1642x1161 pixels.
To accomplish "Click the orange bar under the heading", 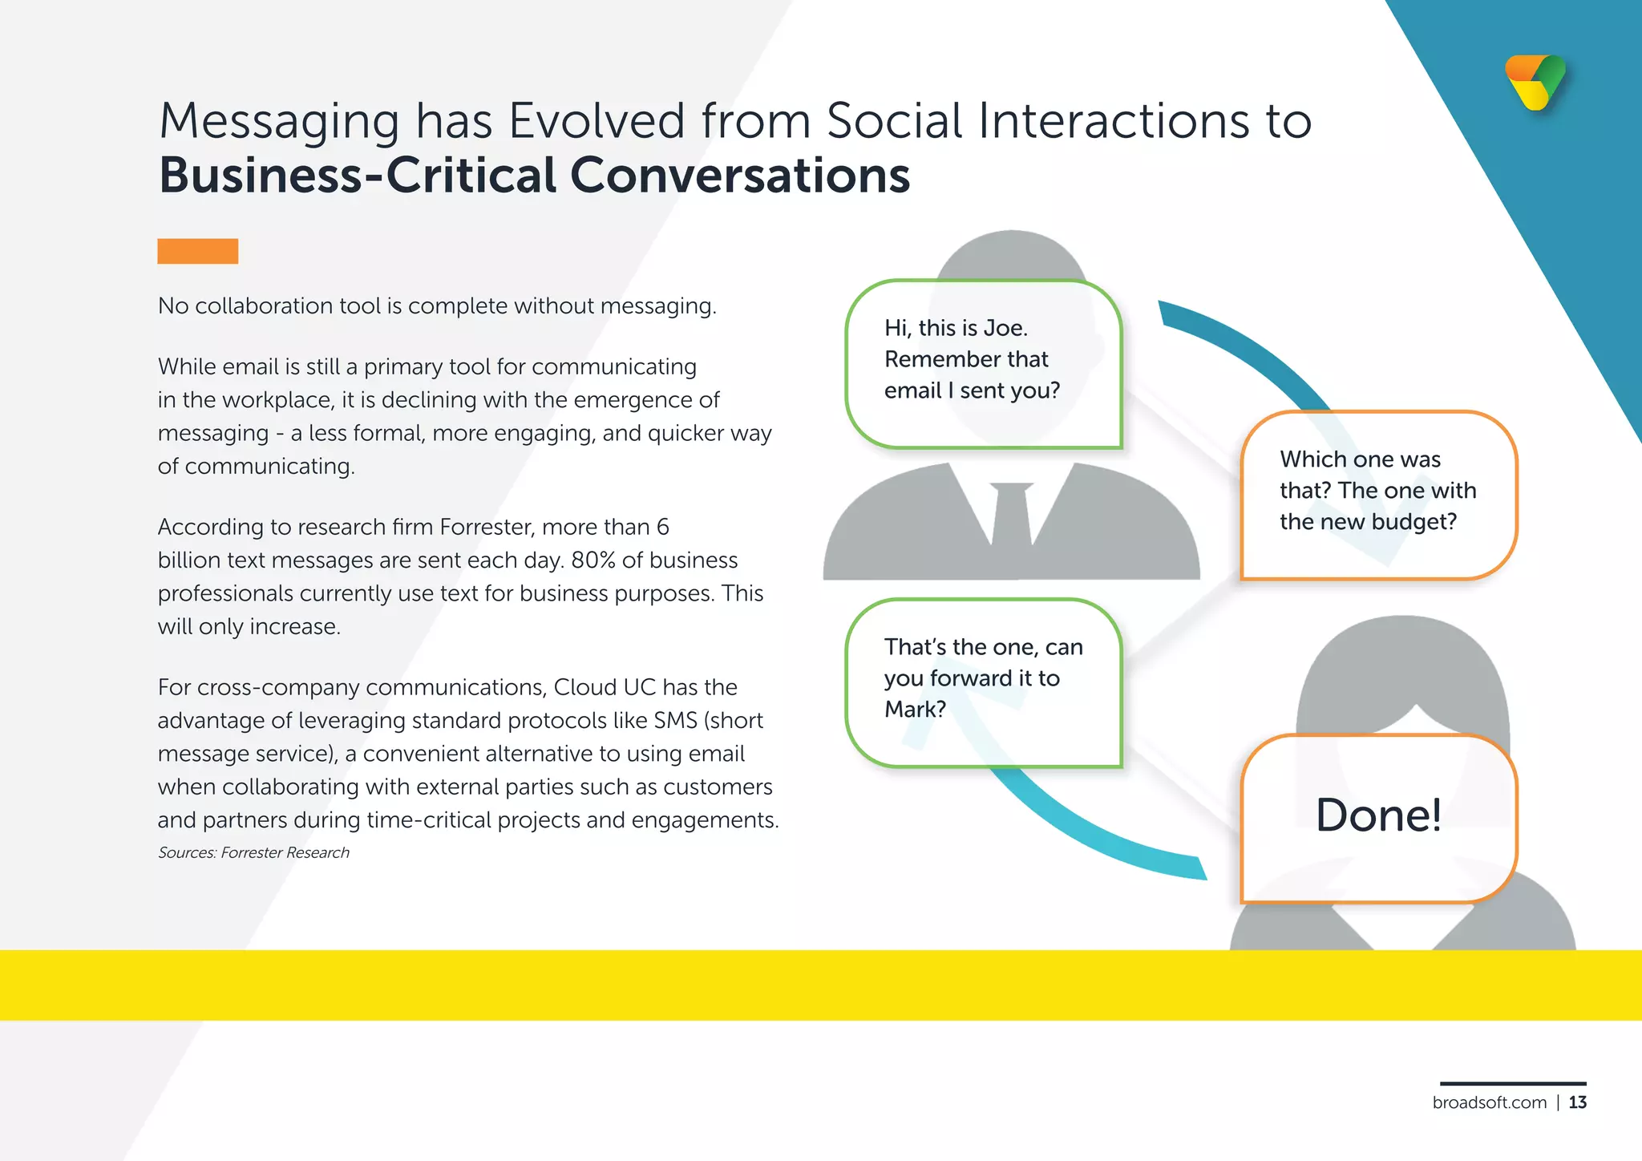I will click(x=197, y=251).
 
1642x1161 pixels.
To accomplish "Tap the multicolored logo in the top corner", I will click(x=1535, y=82).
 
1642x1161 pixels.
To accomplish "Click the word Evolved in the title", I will click(x=597, y=121).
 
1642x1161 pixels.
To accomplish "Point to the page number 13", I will click(x=1578, y=1102).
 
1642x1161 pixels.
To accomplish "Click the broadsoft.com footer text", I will click(x=1489, y=1102).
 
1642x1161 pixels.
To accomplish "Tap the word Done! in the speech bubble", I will click(x=1378, y=815).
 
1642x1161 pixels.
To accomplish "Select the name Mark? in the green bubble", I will click(x=915, y=709).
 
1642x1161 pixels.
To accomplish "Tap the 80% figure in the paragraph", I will click(x=593, y=560).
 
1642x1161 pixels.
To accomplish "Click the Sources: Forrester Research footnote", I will click(x=253, y=853).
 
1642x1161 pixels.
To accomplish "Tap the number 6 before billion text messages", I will click(x=662, y=527).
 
